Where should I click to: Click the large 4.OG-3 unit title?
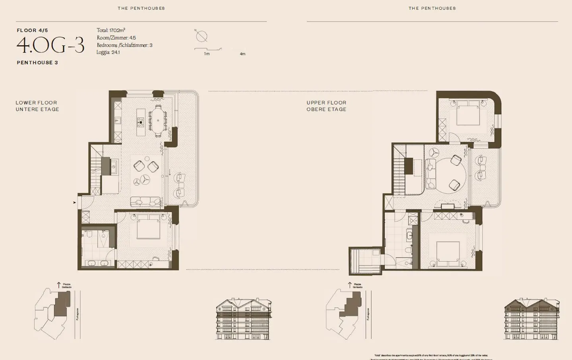point(50,46)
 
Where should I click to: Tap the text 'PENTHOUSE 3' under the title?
point(37,63)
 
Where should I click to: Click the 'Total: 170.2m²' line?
point(111,30)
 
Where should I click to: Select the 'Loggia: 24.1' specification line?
point(108,52)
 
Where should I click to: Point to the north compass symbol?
point(201,37)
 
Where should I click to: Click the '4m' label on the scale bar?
point(242,54)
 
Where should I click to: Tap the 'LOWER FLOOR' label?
point(36,102)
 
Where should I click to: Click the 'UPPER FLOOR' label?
point(326,102)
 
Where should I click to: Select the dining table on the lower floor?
point(158,121)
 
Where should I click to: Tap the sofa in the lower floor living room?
point(146,202)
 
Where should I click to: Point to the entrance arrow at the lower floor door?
point(74,203)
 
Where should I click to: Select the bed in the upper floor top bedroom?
point(468,115)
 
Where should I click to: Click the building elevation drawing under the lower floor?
point(243,320)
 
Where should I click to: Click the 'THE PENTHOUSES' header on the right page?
point(432,8)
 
